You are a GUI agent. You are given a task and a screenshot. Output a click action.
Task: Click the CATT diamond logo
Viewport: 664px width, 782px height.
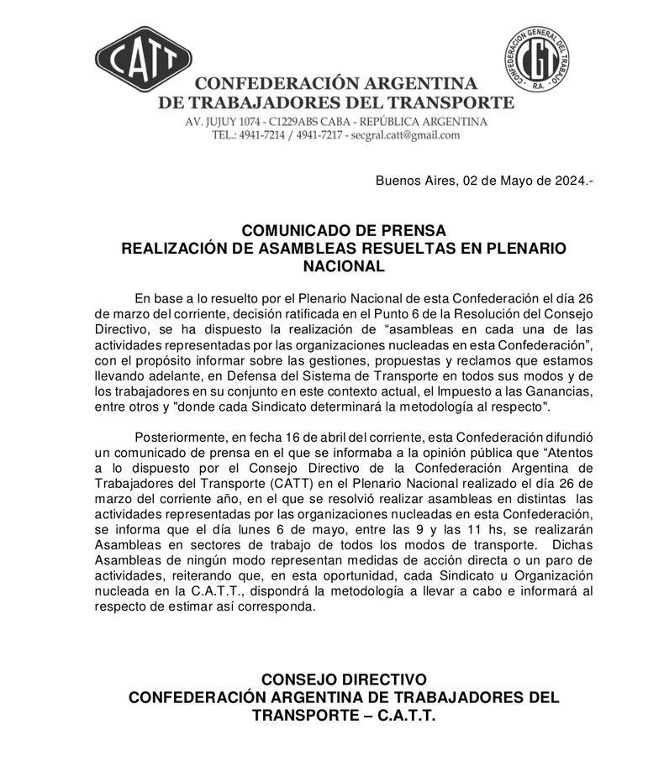(x=144, y=60)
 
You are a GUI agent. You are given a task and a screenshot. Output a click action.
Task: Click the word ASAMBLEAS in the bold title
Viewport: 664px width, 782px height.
(x=320, y=249)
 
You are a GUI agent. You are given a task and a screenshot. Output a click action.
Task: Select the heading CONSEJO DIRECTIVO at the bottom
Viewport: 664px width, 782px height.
(x=344, y=679)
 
